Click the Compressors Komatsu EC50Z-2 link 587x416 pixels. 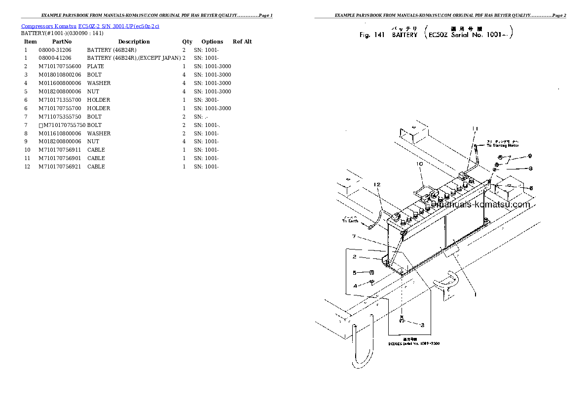(90, 26)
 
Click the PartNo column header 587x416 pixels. (62, 42)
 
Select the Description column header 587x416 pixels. (134, 42)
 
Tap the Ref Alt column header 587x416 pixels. (242, 42)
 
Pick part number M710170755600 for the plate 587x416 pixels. (59, 66)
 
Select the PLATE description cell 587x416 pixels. (95, 66)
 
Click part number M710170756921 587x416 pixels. (59, 166)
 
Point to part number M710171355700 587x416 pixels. (59, 100)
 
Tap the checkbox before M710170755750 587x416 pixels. (40, 125)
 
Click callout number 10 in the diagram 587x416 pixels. (420, 164)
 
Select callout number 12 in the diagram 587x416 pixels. (377, 184)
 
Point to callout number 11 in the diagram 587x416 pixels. (475, 129)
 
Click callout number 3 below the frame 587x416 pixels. (422, 325)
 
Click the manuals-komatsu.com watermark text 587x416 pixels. (480, 205)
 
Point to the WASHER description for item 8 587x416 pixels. (99, 133)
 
